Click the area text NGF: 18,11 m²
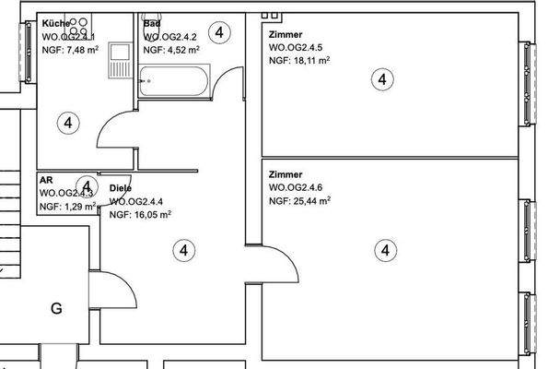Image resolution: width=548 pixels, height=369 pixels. tap(299, 60)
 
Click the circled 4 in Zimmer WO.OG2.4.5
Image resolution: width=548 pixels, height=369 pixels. tap(382, 79)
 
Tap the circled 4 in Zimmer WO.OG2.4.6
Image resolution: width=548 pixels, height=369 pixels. tap(385, 249)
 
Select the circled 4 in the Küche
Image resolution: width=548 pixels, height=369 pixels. tap(67, 122)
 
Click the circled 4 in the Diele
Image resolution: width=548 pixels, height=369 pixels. tap(184, 249)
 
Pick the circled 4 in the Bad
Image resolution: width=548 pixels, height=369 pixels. tap(219, 32)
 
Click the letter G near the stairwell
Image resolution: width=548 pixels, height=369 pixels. tap(56, 309)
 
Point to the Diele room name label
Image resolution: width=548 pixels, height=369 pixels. tap(121, 188)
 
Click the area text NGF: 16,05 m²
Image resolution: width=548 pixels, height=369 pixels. tap(140, 214)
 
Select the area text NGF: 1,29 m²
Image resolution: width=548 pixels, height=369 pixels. tap(67, 208)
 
